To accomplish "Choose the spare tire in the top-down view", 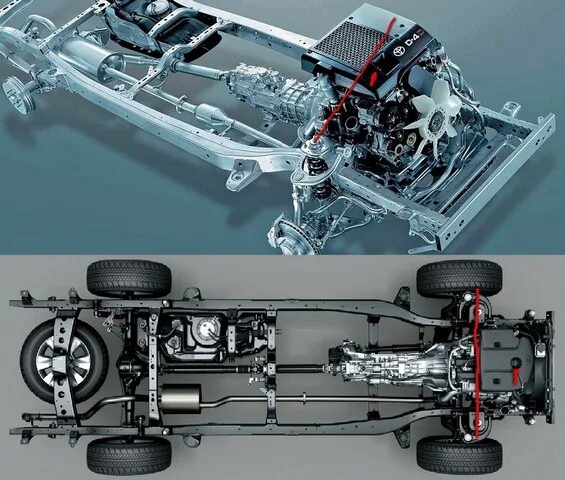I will pos(62,361).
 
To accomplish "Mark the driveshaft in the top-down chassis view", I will pos(280,366).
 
